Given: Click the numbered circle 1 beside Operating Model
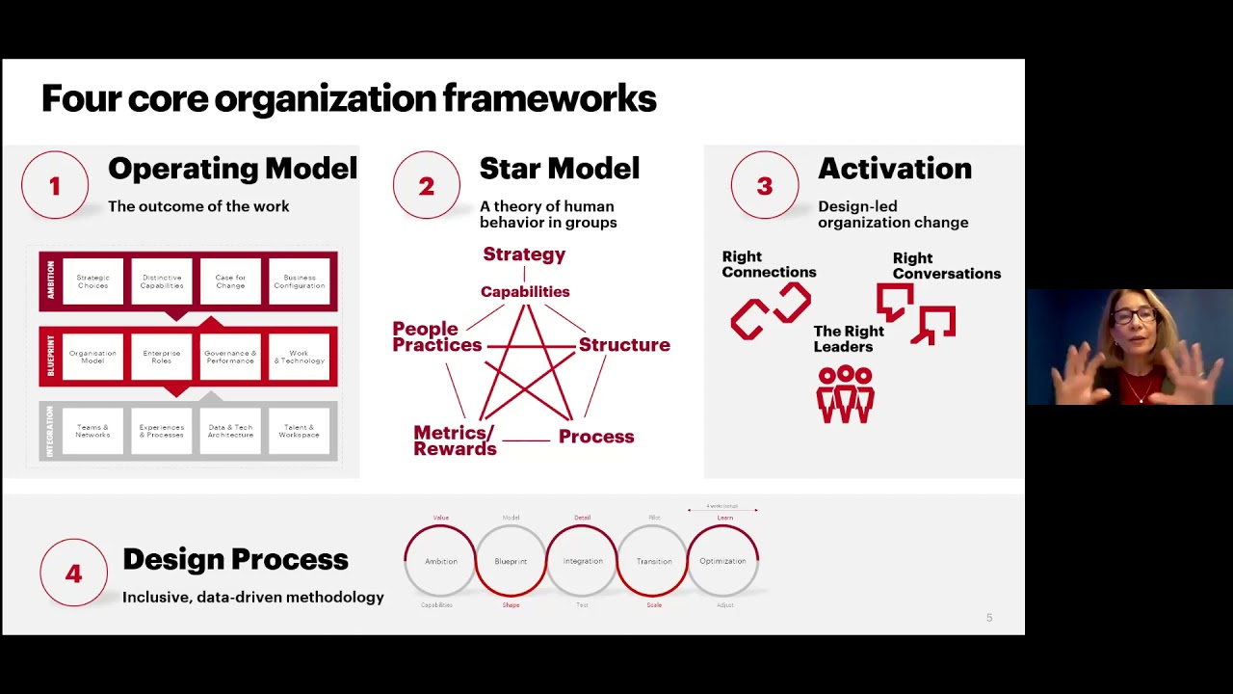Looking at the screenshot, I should pyautogui.click(x=55, y=185).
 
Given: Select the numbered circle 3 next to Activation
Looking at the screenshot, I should pyautogui.click(x=765, y=185).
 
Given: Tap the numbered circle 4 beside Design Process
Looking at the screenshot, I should pyautogui.click(x=73, y=574).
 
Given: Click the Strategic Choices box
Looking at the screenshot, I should pyautogui.click(x=93, y=281).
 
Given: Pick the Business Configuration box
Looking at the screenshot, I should pyautogui.click(x=299, y=281).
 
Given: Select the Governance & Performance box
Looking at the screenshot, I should pyautogui.click(x=230, y=357).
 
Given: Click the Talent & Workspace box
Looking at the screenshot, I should pyautogui.click(x=299, y=431).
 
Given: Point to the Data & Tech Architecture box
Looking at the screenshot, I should pyautogui.click(x=230, y=431).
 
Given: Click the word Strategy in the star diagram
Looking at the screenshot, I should pyautogui.click(x=524, y=254).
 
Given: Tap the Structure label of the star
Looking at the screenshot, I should pyautogui.click(x=624, y=345).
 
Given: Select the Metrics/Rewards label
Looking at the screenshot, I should pyautogui.click(x=455, y=440).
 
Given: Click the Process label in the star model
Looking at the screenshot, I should pyautogui.click(x=596, y=437).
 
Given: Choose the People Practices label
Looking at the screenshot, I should pyautogui.click(x=436, y=337).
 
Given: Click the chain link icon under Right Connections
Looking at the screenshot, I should pyautogui.click(x=771, y=310).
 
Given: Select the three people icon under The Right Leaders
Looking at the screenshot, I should pyautogui.click(x=845, y=394).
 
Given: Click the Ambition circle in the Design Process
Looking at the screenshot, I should pyautogui.click(x=441, y=561).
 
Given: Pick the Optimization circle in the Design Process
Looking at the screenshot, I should pyautogui.click(x=722, y=561).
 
